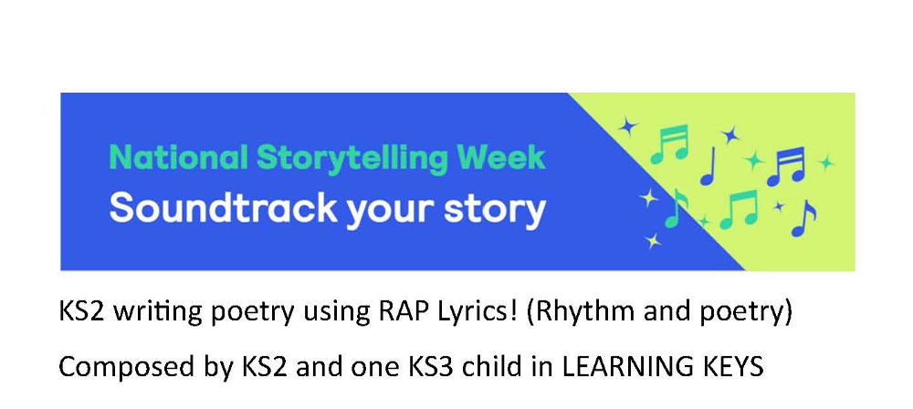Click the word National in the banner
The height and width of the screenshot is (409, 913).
(x=178, y=157)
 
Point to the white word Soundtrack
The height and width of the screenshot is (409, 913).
(x=223, y=208)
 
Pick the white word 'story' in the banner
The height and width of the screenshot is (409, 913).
(x=495, y=211)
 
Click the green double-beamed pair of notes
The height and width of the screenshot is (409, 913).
(x=669, y=144)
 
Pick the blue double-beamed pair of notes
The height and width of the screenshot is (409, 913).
(x=787, y=166)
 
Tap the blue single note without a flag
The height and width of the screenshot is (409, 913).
(x=708, y=167)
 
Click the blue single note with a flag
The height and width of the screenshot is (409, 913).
(x=803, y=218)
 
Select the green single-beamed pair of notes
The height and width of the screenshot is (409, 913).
(x=739, y=210)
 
